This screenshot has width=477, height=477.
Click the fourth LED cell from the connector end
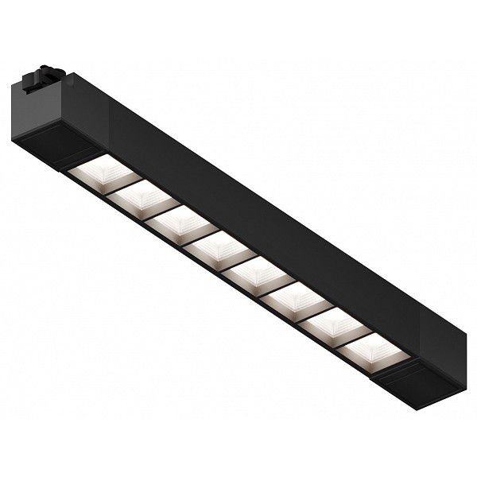pos(219,248)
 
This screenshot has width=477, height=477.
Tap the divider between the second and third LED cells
pos(162,210)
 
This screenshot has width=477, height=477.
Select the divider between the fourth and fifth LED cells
pos(238,261)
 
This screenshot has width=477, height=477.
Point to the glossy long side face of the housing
pos(262,215)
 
